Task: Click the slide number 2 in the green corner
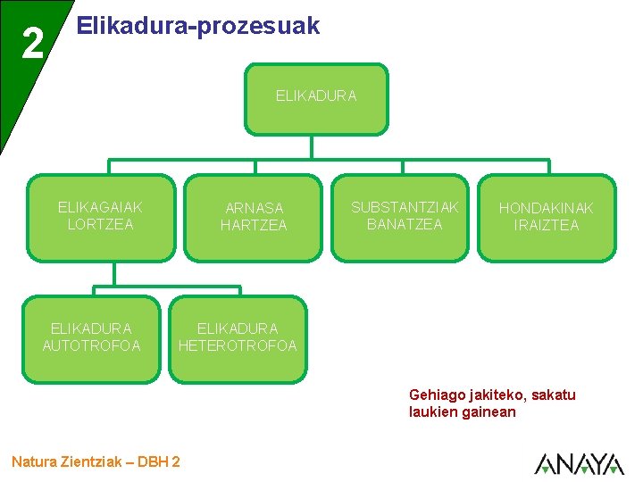[32, 43]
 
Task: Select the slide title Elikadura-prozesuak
[198, 26]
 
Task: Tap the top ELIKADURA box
[316, 98]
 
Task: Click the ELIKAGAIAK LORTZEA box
[100, 217]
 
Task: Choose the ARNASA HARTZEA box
[254, 217]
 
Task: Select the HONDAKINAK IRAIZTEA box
[546, 217]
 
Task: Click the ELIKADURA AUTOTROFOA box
[92, 337]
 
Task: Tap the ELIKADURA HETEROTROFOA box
[238, 337]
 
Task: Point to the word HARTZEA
[254, 226]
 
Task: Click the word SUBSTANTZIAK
[405, 207]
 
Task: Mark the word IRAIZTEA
[546, 226]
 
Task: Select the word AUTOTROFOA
[92, 346]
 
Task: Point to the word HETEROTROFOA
[238, 346]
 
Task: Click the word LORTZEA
[100, 225]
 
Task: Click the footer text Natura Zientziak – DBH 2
[96, 461]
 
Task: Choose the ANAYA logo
[579, 463]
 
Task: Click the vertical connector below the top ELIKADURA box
[312, 148]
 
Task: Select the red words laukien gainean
[462, 411]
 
